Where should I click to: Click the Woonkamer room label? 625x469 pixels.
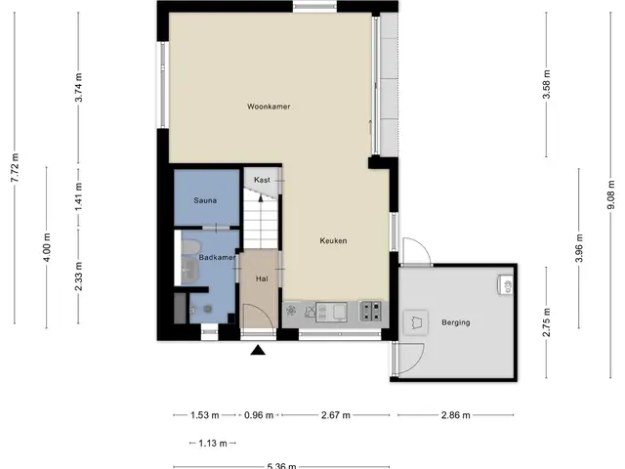(269, 107)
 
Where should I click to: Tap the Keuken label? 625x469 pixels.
(333, 241)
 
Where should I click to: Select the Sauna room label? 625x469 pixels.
(205, 200)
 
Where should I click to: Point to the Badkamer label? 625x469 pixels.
(217, 258)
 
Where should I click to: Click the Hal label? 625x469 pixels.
(262, 279)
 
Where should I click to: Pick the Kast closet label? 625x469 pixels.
(262, 180)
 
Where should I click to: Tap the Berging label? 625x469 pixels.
(456, 322)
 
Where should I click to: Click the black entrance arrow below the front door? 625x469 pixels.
(258, 350)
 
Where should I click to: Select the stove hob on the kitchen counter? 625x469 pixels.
(371, 311)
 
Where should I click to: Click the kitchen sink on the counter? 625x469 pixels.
(331, 312)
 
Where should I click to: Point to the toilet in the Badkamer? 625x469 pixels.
(190, 246)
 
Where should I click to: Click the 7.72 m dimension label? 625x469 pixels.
(15, 168)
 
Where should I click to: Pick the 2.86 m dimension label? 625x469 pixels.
(456, 415)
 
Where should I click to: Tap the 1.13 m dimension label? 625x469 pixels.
(213, 443)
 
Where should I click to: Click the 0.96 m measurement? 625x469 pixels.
(259, 415)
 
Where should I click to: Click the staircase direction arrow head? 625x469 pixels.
(261, 198)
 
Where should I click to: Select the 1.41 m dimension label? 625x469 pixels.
(78, 197)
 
